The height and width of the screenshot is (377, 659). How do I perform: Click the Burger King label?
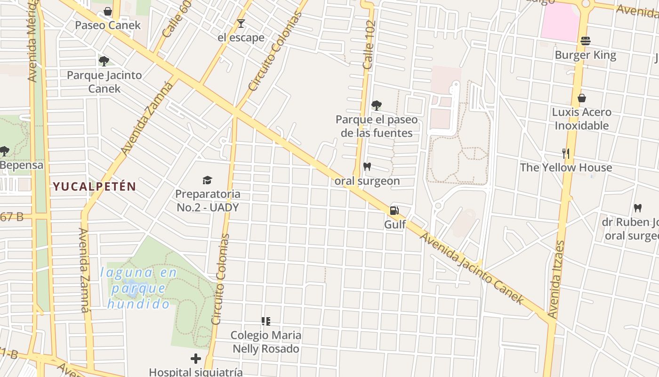click(x=585, y=55)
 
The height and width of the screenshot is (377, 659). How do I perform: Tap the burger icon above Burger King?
click(x=585, y=41)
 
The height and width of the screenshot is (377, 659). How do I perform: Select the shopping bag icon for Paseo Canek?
click(x=108, y=11)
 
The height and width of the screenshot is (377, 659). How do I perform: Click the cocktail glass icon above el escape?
click(x=241, y=23)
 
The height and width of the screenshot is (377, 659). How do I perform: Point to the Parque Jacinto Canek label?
click(x=104, y=82)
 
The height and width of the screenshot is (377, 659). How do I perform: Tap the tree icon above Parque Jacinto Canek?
click(x=104, y=61)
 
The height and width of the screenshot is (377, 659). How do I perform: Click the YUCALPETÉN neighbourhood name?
click(x=94, y=187)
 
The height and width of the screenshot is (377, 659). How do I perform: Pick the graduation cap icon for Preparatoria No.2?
click(x=207, y=180)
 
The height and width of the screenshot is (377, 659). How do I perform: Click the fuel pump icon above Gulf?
click(x=394, y=211)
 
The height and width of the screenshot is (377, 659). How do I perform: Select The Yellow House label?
click(x=566, y=167)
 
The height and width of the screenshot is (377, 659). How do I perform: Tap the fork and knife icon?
click(x=566, y=153)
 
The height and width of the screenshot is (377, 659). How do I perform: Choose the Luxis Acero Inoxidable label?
click(x=582, y=119)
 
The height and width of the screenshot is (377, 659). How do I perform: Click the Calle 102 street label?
click(x=370, y=45)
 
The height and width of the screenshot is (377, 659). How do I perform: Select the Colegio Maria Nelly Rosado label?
click(x=266, y=342)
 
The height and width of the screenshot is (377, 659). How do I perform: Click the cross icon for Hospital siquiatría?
click(x=196, y=359)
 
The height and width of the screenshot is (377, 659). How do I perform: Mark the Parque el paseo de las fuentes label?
click(x=377, y=126)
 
